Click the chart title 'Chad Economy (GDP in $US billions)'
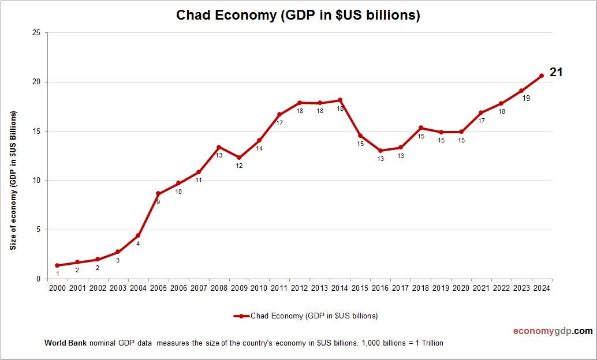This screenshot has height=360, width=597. (x=298, y=16)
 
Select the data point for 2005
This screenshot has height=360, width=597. (x=158, y=194)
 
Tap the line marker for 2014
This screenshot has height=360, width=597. (x=340, y=100)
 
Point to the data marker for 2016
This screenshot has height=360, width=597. (x=380, y=151)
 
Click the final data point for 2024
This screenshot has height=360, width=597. (x=542, y=76)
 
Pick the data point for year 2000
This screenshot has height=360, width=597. (x=57, y=265)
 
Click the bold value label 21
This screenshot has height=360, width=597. (x=555, y=72)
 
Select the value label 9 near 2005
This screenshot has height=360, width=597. (x=158, y=202)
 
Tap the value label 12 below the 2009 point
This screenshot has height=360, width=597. (x=239, y=166)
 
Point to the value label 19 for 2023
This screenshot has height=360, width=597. (x=525, y=99)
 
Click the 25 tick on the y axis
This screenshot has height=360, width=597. (x=36, y=33)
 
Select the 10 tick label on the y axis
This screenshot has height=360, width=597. (x=36, y=181)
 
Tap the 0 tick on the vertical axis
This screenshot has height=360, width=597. (x=38, y=279)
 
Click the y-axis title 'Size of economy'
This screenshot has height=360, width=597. (x=13, y=180)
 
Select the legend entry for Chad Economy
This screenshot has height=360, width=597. (x=306, y=316)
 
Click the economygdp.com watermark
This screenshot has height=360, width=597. (x=553, y=331)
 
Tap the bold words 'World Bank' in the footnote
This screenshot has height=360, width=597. (x=65, y=343)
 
